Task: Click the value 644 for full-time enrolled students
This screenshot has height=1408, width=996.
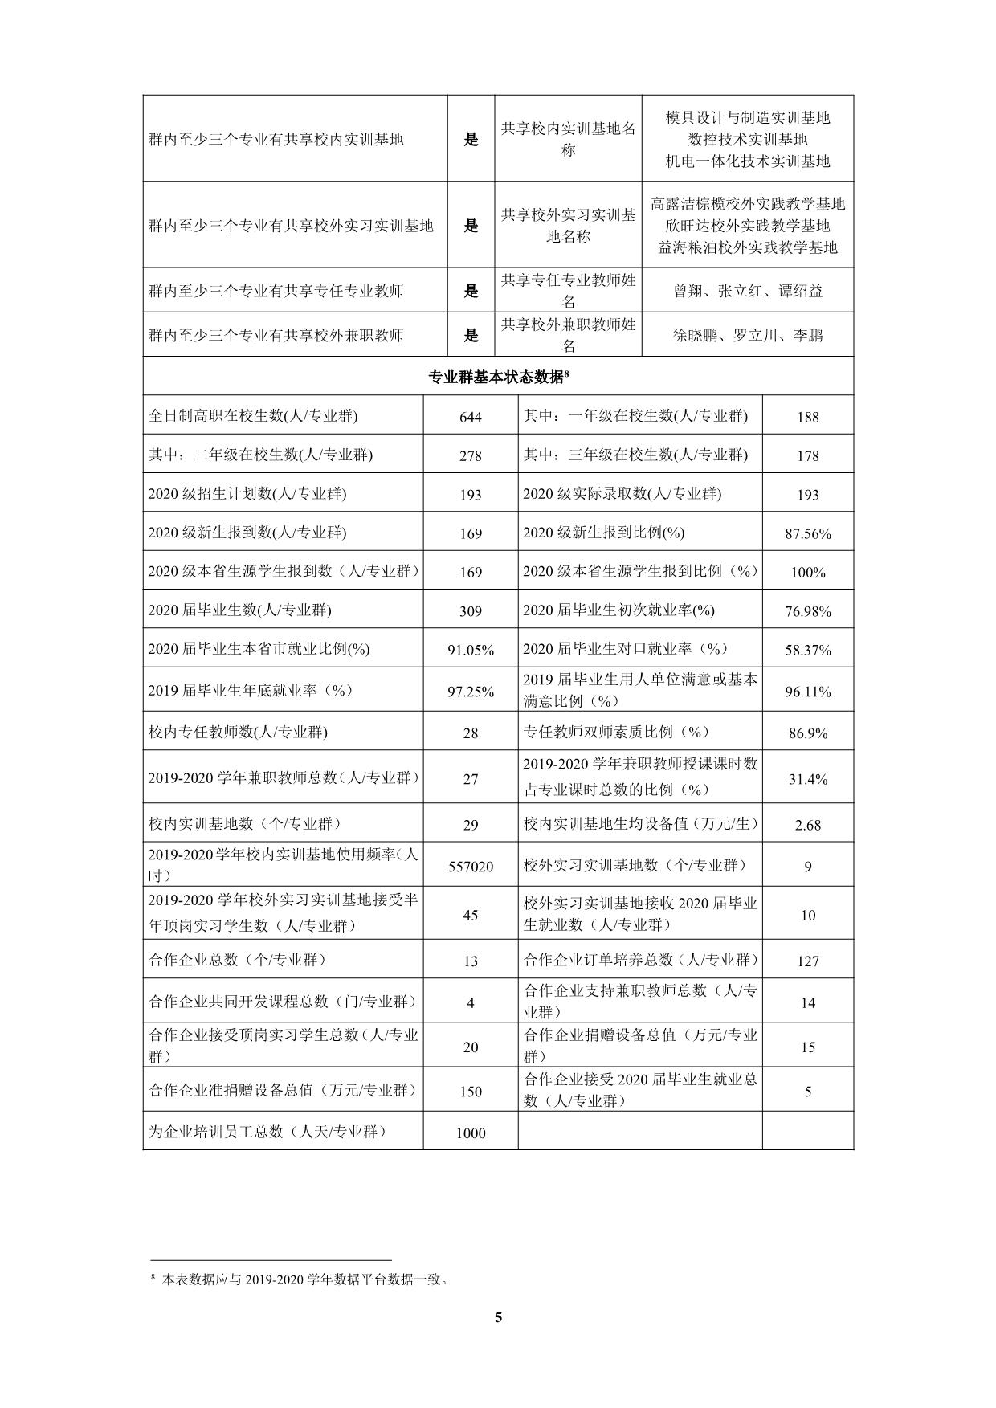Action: point(471,416)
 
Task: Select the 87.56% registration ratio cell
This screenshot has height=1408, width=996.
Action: point(807,533)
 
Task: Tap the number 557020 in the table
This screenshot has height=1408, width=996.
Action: point(471,866)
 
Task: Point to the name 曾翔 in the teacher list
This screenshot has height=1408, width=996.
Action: point(688,291)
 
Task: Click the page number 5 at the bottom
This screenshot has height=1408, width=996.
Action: point(499,1316)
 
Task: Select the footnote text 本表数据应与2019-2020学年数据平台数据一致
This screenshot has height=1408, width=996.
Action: point(304,1279)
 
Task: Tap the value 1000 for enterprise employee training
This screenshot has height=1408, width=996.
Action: point(471,1133)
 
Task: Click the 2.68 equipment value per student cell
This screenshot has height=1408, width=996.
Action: point(807,825)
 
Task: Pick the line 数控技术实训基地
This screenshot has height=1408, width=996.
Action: point(748,139)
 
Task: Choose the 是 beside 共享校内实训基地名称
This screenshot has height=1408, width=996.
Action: point(471,139)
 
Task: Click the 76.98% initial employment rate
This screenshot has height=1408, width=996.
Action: point(807,611)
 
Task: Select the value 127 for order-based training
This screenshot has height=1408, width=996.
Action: point(807,961)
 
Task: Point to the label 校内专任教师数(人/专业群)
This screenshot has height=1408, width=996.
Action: point(239,732)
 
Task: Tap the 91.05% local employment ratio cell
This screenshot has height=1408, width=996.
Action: point(471,650)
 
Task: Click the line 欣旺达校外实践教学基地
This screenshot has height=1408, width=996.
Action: point(748,226)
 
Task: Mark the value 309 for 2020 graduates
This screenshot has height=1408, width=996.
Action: point(471,611)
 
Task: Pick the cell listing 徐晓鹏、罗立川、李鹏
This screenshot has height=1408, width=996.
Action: point(748,335)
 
